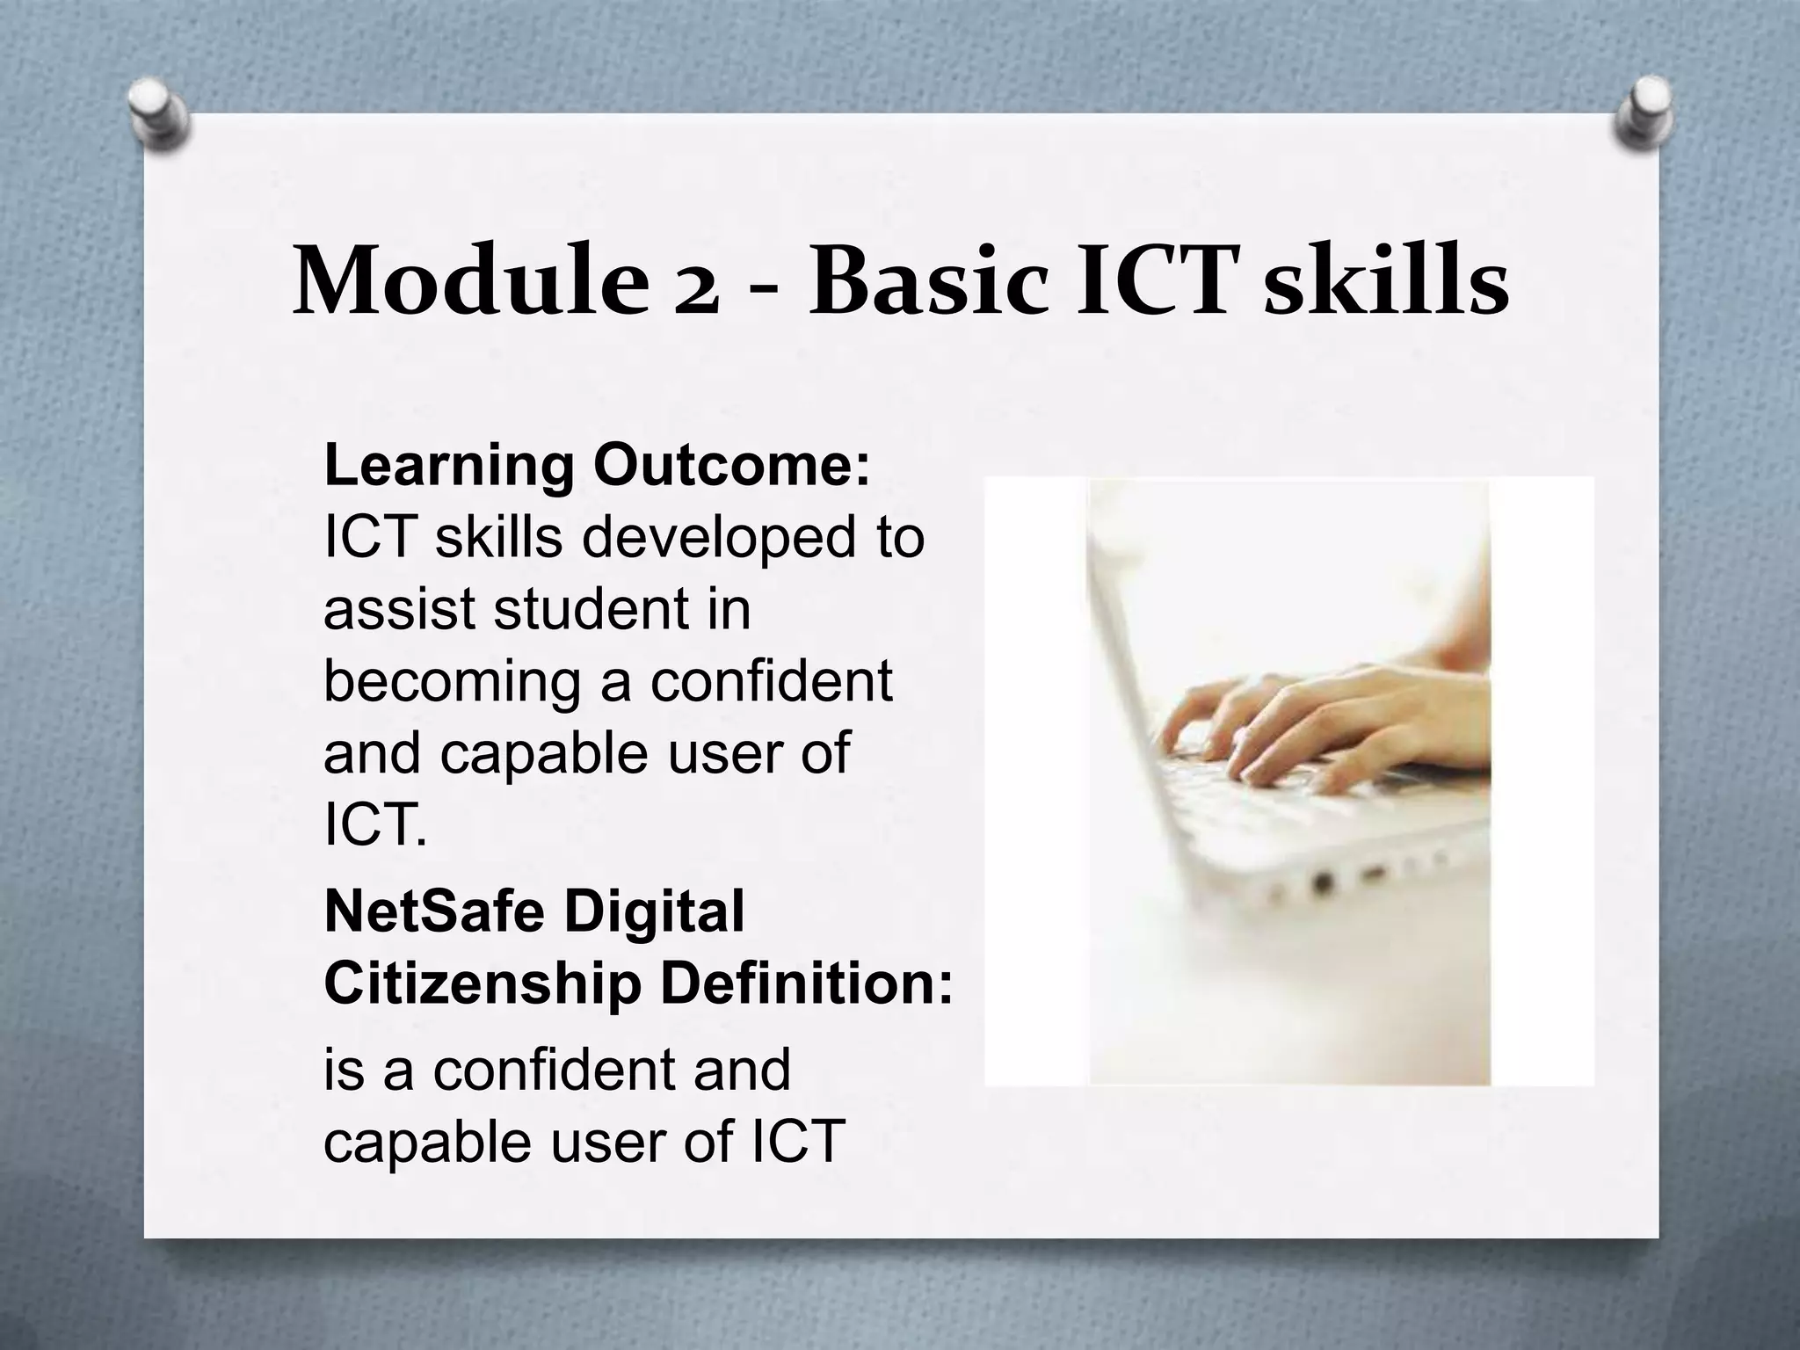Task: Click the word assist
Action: (400, 609)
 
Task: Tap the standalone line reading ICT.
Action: (375, 826)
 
